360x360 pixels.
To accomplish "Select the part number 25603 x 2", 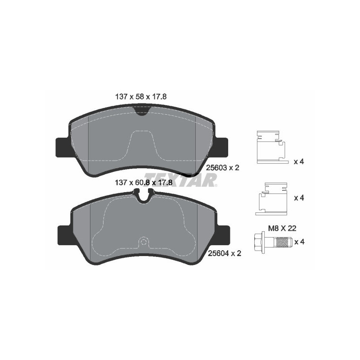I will point(221,167).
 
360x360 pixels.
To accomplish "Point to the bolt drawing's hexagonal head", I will point(260,242).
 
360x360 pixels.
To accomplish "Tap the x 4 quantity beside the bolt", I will point(299,242).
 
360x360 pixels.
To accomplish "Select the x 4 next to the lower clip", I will point(299,198).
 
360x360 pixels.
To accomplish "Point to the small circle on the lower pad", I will point(144,241).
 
